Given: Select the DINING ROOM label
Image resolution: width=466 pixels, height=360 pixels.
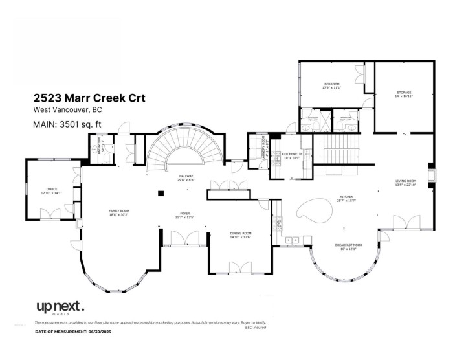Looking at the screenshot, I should point(241,234).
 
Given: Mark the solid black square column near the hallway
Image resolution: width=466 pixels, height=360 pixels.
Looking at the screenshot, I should point(159,192).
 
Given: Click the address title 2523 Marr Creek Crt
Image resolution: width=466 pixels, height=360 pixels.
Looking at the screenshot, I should point(89,98).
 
